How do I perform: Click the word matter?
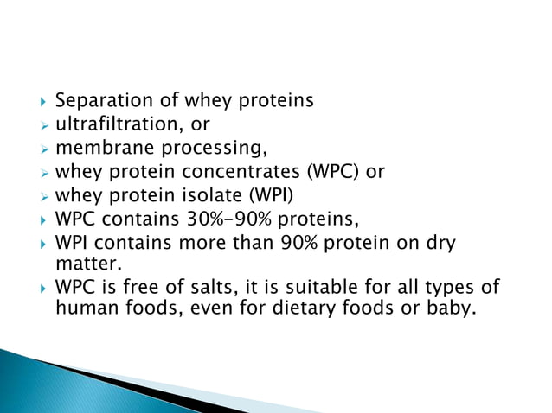tap(83, 262)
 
